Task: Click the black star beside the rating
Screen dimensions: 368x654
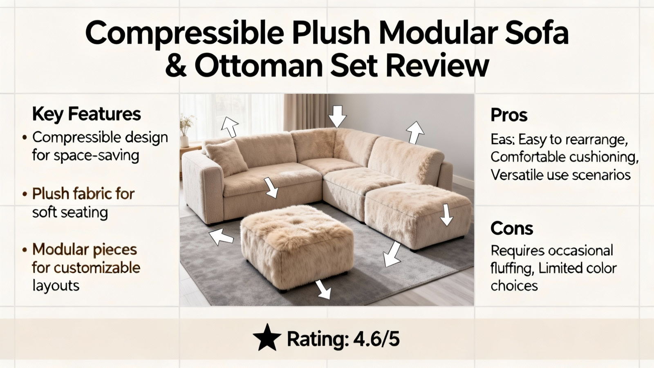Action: (x=267, y=338)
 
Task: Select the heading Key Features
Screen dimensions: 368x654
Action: (x=86, y=114)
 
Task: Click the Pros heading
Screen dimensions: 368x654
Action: (x=509, y=115)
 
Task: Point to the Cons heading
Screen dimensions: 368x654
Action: (x=512, y=228)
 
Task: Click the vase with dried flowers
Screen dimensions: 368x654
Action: (x=186, y=131)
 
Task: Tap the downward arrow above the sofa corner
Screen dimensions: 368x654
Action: (x=337, y=116)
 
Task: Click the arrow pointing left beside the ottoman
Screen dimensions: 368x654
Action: (x=221, y=236)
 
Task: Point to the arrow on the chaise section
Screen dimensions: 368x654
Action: (x=446, y=215)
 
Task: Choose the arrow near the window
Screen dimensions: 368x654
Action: (x=230, y=126)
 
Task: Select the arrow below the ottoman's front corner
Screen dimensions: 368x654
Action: (x=323, y=289)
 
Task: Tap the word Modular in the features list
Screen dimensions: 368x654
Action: (x=61, y=249)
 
